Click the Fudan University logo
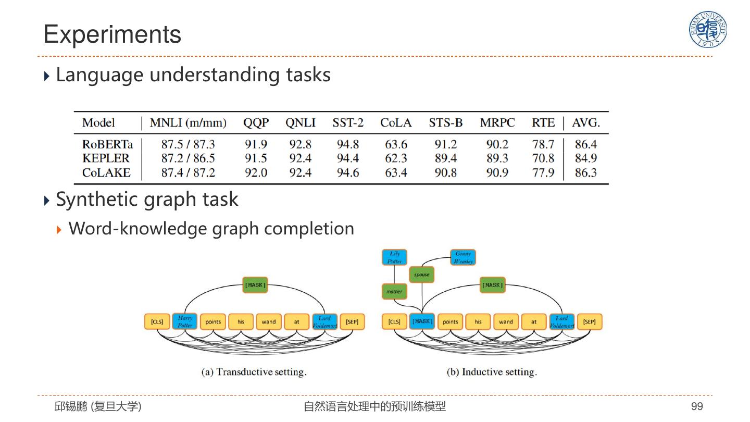click(x=708, y=30)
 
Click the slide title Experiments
click(x=112, y=34)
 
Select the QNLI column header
click(x=300, y=123)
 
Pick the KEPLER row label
click(x=106, y=158)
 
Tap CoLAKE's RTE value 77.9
click(x=543, y=173)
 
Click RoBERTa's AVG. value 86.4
click(x=585, y=144)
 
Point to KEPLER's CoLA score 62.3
click(x=396, y=158)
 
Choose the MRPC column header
click(x=497, y=123)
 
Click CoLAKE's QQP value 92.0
click(x=256, y=173)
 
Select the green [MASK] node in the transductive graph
click(x=255, y=285)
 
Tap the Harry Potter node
click(x=185, y=321)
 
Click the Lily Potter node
click(x=394, y=257)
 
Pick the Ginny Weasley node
click(x=463, y=257)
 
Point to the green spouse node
click(x=421, y=275)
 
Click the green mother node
click(x=394, y=292)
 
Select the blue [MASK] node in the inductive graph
click(x=422, y=321)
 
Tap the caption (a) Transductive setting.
click(x=254, y=372)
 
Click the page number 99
click(x=697, y=406)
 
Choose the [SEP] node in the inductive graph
click(x=589, y=322)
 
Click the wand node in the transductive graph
click(x=269, y=322)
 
